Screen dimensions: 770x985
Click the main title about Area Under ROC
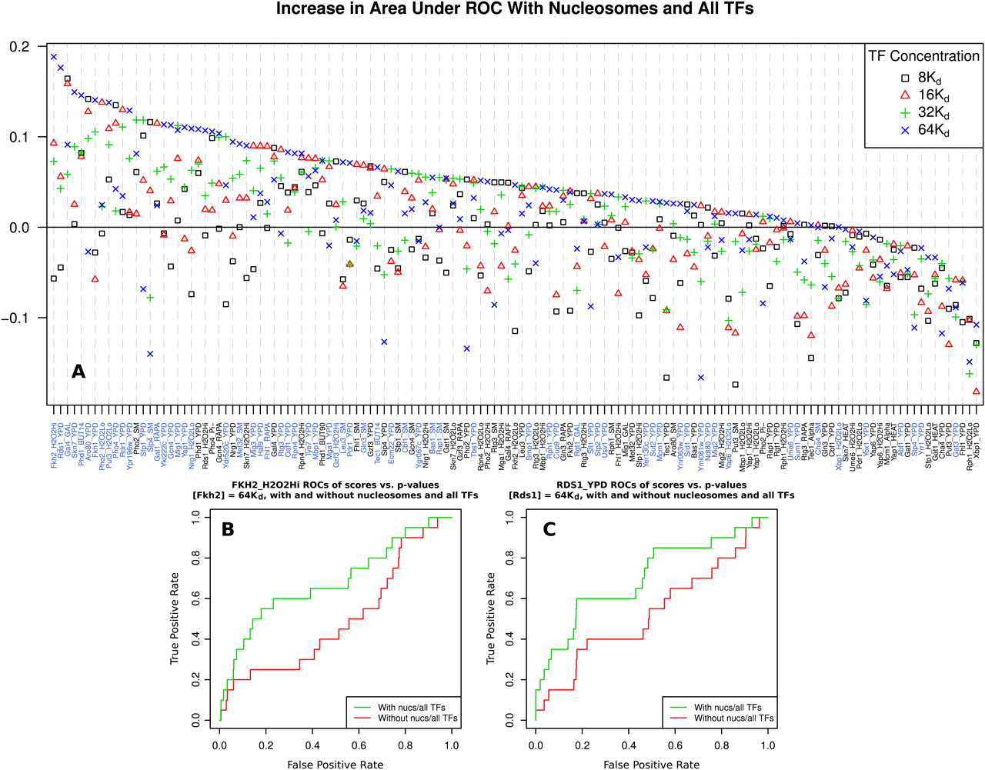515,9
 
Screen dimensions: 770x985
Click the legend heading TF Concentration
923,56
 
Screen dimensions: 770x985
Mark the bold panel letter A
78,372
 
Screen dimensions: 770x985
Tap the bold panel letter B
228,529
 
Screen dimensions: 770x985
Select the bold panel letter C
549,529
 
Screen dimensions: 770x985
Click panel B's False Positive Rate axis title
336,764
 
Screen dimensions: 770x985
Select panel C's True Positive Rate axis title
491,618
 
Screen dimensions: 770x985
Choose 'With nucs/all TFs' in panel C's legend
727,707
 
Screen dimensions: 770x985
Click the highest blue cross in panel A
54,56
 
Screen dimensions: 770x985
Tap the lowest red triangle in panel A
977,391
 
